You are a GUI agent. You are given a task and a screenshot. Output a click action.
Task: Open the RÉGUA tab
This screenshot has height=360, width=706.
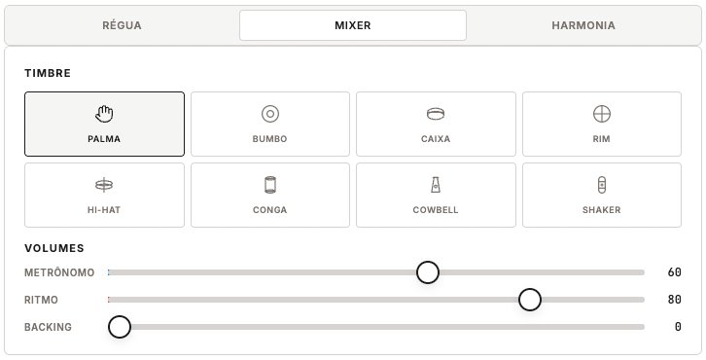pyautogui.click(x=122, y=25)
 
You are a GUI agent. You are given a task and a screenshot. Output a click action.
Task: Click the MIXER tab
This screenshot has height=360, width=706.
pyautogui.click(x=352, y=25)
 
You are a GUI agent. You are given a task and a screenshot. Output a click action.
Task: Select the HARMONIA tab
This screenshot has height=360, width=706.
pyautogui.click(x=582, y=25)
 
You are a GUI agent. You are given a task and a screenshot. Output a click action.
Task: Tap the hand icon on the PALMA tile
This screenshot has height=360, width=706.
pyautogui.click(x=104, y=114)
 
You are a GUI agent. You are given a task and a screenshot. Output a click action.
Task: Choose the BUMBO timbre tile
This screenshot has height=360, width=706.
pyautogui.click(x=269, y=124)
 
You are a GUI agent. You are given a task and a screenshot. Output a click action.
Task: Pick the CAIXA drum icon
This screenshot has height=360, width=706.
pyautogui.click(x=436, y=114)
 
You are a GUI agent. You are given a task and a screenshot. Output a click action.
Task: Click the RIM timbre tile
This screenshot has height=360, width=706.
pyautogui.click(x=601, y=124)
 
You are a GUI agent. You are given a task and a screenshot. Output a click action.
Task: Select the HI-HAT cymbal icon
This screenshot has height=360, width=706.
pyautogui.click(x=104, y=185)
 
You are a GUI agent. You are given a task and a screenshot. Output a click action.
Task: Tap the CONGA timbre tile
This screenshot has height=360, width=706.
pyautogui.click(x=269, y=195)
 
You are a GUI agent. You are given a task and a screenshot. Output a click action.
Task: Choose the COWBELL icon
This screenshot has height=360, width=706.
pyautogui.click(x=436, y=185)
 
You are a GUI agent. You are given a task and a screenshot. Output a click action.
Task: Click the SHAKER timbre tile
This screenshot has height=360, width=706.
pyautogui.click(x=601, y=195)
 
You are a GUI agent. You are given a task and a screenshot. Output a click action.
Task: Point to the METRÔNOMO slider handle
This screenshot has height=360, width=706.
pyautogui.click(x=428, y=272)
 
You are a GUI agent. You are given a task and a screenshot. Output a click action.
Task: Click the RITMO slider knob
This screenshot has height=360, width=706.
pyautogui.click(x=530, y=300)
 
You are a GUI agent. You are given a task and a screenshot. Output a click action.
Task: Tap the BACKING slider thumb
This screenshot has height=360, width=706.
pyautogui.click(x=120, y=327)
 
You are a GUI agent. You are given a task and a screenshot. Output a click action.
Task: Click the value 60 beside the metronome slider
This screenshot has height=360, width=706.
pyautogui.click(x=674, y=272)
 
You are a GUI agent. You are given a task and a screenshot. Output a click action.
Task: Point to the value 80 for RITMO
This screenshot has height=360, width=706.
pyautogui.click(x=674, y=300)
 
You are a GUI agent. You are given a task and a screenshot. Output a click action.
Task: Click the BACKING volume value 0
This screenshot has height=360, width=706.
pyautogui.click(x=677, y=327)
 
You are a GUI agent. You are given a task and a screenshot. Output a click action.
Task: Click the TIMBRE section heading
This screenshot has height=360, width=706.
pyautogui.click(x=48, y=73)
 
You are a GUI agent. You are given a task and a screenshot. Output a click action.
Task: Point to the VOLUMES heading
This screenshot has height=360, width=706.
pyautogui.click(x=54, y=248)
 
